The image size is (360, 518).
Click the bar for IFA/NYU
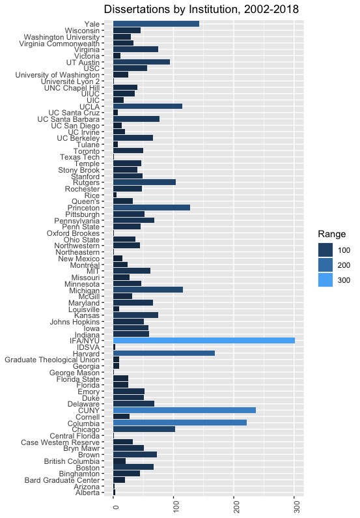pos(204,341)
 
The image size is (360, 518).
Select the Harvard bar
pos(164,354)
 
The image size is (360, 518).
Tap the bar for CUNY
pos(184,410)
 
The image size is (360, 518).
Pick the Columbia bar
pos(180,423)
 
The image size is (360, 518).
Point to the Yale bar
pos(156,24)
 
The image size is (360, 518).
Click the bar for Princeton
pos(152,207)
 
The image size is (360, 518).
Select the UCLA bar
pos(148,106)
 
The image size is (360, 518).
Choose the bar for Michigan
pos(148,290)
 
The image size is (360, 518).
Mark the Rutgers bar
pos(145,182)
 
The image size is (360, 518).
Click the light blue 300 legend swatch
pos(325,280)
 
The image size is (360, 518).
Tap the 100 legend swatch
pos(325,250)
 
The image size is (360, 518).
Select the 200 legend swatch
pos(325,265)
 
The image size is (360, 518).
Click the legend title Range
pos(331,234)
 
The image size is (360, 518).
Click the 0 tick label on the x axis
pos(115,507)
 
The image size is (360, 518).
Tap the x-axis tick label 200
pos(236,507)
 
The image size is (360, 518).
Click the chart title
pos(201,9)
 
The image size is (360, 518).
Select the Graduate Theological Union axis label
pos(52,360)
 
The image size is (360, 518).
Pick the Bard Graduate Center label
pos(62,480)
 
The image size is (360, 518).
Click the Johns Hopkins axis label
pos(75,322)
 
